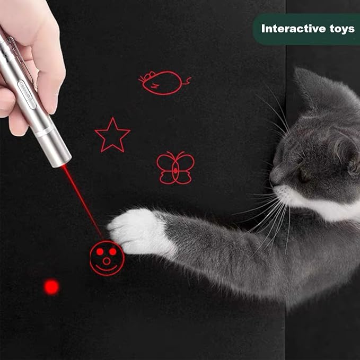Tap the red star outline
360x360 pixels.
click(112, 136)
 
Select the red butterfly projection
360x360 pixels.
click(175, 168)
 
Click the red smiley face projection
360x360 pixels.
click(107, 258)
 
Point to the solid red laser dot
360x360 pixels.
click(51, 287)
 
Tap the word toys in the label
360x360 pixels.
click(340, 29)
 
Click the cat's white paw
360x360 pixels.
click(135, 231)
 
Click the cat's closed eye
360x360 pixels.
click(304, 176)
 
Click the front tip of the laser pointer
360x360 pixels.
click(60, 159)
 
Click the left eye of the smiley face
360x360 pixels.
click(99, 251)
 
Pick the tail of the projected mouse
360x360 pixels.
click(187, 81)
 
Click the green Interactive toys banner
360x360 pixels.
click(306, 29)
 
